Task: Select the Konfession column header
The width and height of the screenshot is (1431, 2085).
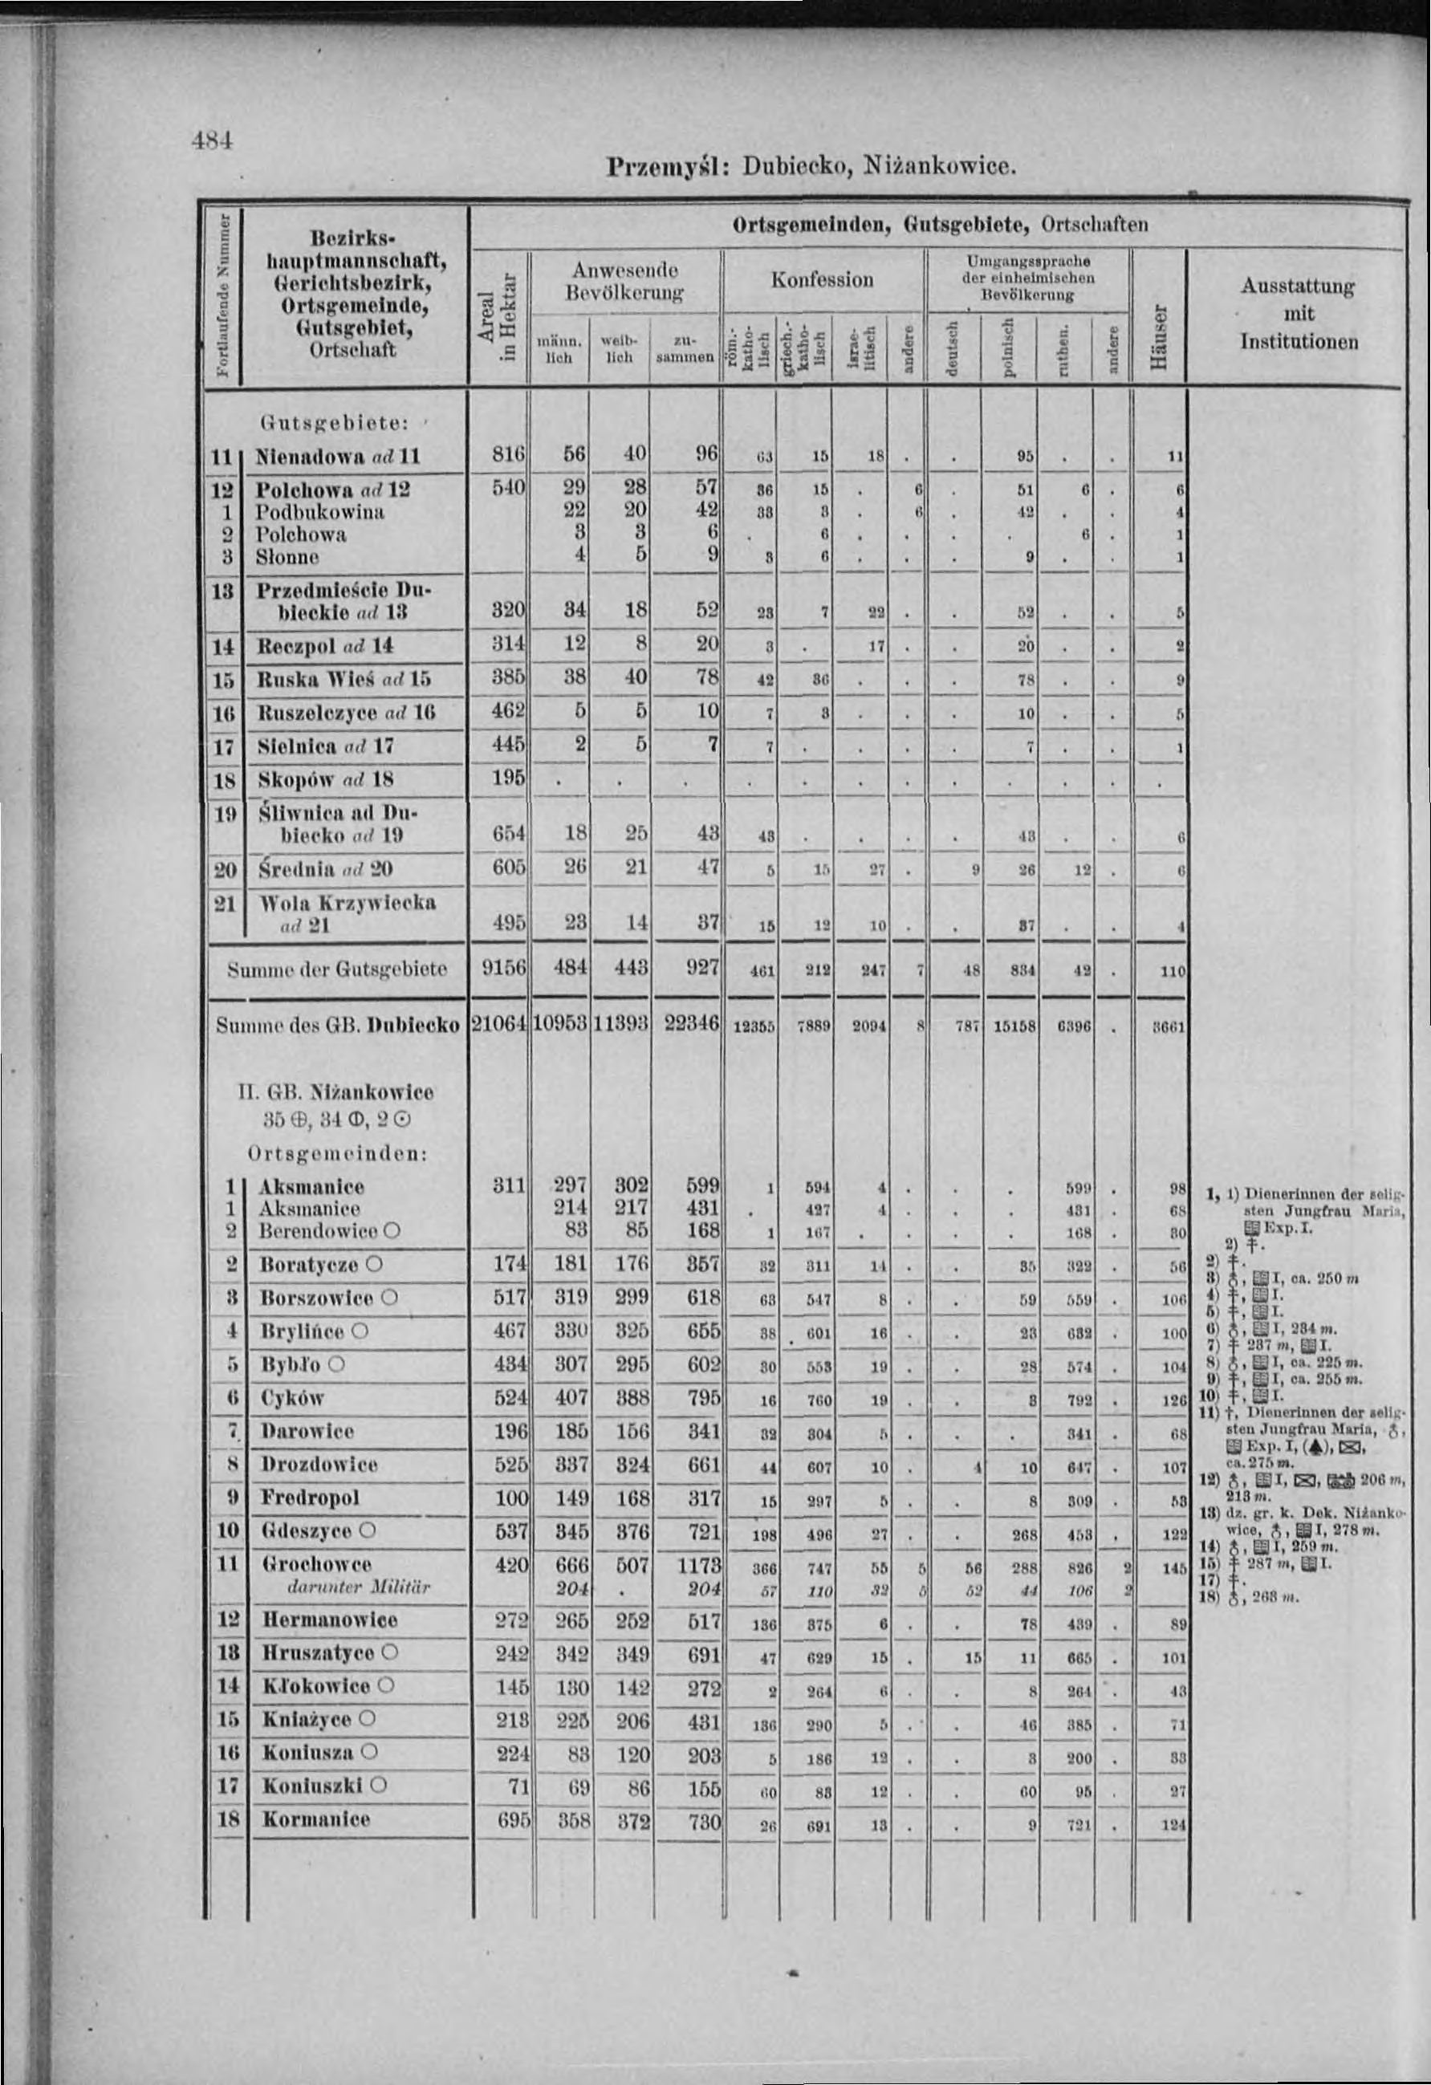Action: [822, 280]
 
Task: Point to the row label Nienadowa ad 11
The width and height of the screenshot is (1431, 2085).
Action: [337, 456]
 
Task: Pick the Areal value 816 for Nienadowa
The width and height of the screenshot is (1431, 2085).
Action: [508, 455]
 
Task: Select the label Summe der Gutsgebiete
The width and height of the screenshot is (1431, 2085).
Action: [336, 969]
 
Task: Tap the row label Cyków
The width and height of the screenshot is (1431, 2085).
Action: [294, 1398]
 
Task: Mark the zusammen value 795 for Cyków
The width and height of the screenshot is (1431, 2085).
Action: [701, 1398]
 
